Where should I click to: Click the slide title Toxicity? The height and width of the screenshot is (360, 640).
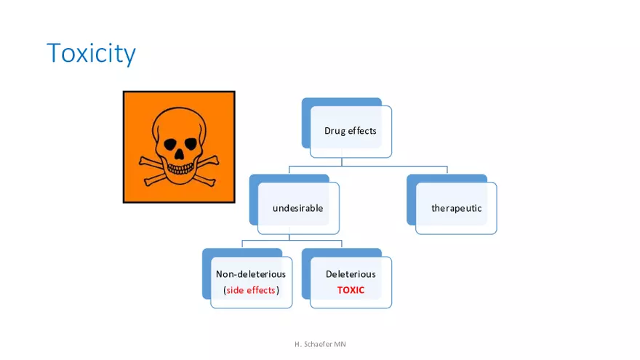[91, 54]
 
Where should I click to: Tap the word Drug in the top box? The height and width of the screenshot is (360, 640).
[334, 131]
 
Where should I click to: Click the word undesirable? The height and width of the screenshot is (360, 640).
[297, 208]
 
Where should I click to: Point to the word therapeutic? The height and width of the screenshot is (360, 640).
[456, 208]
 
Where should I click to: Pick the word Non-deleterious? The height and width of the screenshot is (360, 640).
[251, 274]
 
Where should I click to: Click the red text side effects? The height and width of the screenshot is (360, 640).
[251, 290]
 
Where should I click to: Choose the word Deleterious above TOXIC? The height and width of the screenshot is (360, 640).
[351, 274]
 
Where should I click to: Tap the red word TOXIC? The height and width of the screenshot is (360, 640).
[351, 290]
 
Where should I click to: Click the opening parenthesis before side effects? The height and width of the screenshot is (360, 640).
[225, 290]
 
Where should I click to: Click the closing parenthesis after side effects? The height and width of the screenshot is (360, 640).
[278, 290]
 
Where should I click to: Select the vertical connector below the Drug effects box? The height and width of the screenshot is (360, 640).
[341, 161]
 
